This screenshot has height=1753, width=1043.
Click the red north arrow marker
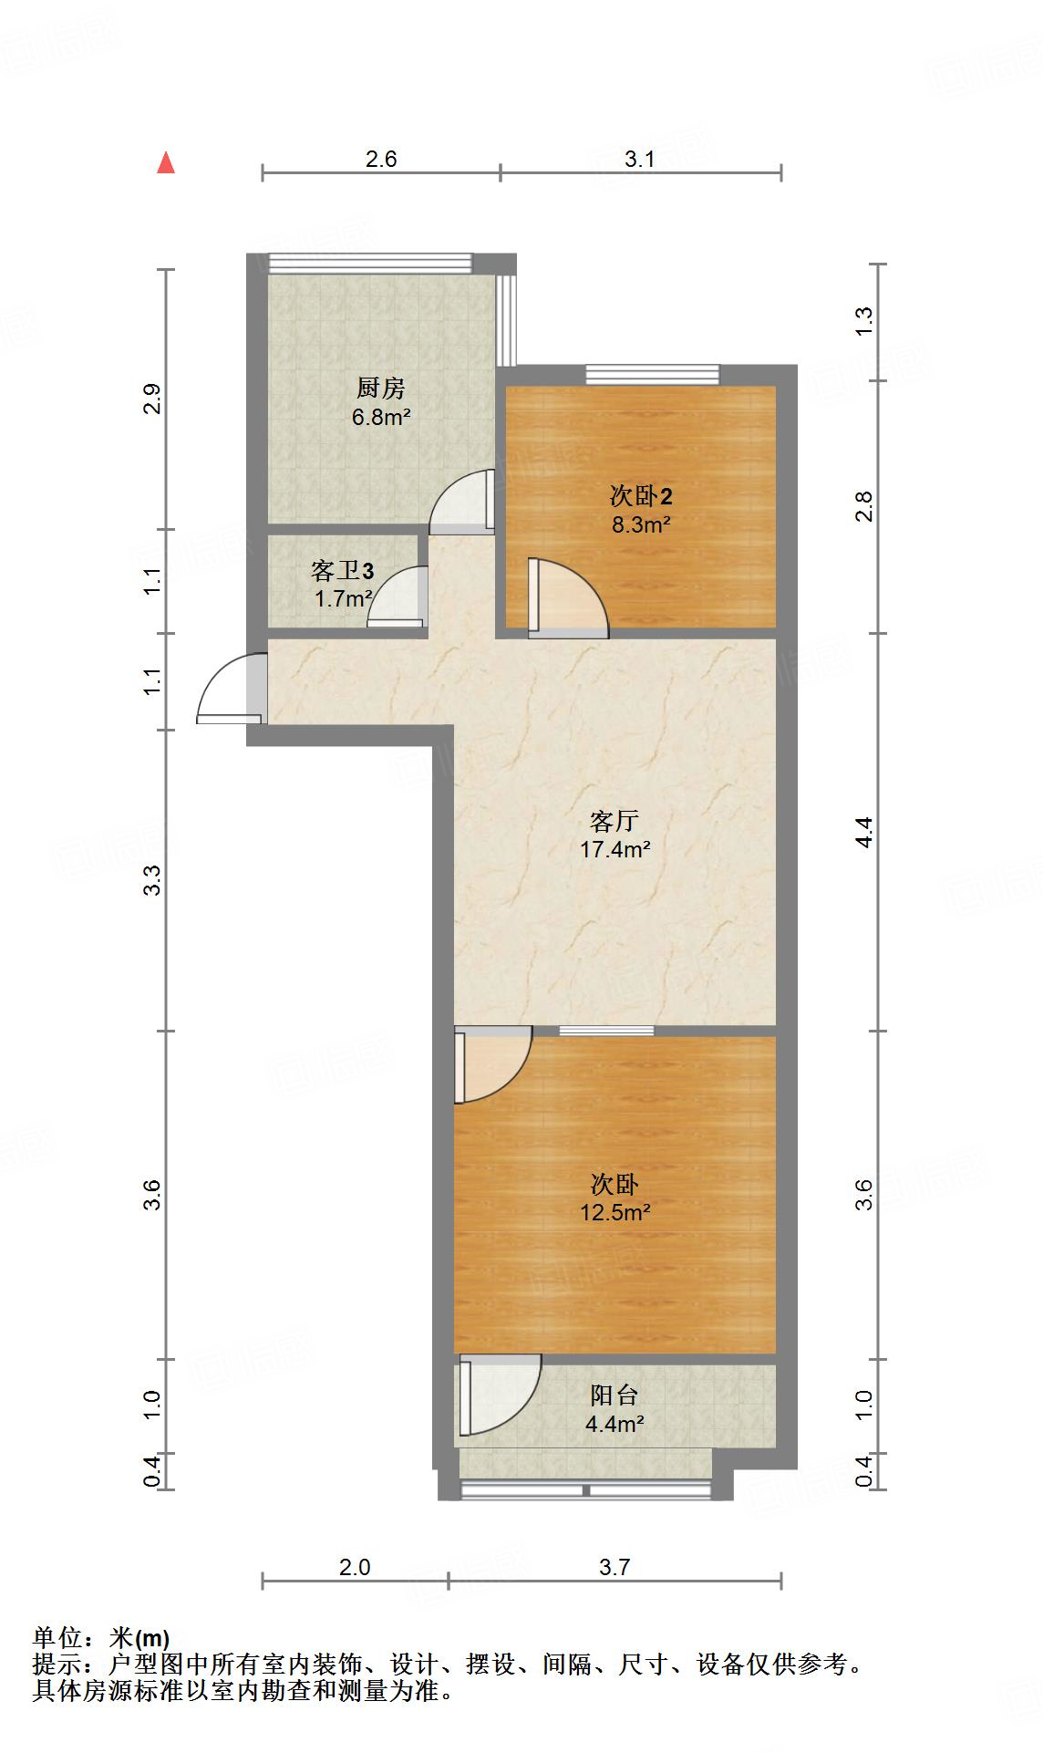[166, 162]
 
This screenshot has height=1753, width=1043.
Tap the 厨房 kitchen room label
[380, 389]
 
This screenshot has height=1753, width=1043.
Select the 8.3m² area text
[641, 524]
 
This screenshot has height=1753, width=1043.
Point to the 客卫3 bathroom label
[342, 571]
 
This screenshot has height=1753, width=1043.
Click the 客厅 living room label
[614, 821]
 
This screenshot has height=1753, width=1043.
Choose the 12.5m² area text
[615, 1212]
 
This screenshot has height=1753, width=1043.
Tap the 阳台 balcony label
[614, 1395]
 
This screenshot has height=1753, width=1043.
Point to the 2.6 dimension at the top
[381, 159]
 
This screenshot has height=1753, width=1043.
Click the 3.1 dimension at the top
[640, 159]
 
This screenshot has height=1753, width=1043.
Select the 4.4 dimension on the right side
[864, 832]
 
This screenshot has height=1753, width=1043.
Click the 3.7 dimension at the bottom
[614, 1567]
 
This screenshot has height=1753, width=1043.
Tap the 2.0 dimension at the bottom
[355, 1567]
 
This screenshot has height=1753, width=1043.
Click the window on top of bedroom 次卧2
[652, 374]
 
